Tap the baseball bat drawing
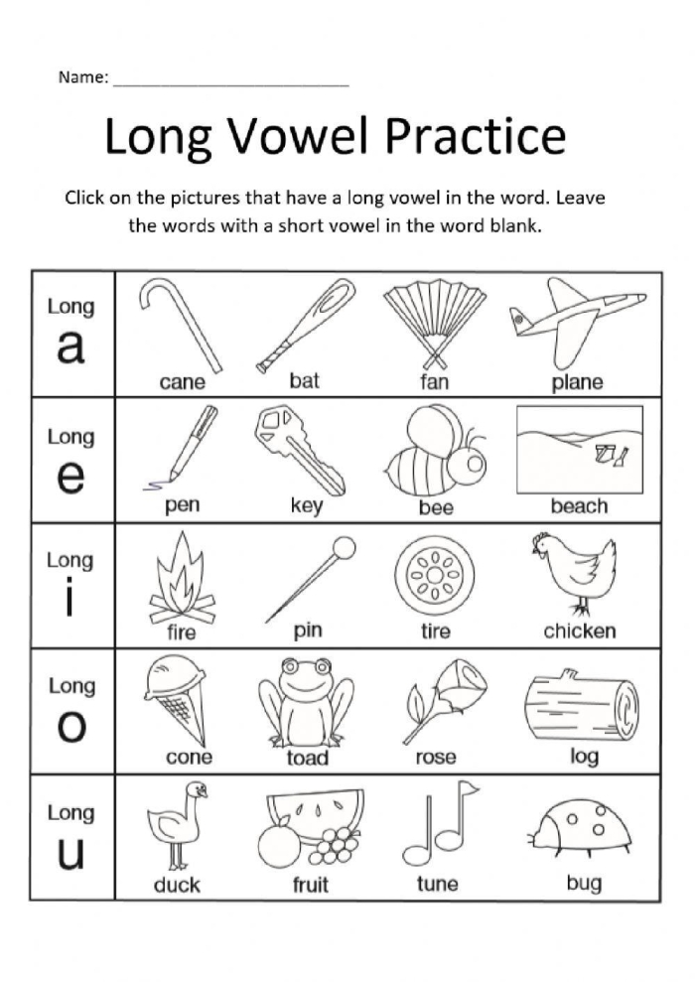tap(305, 324)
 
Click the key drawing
tap(300, 449)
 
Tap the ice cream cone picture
tap(180, 700)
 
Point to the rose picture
tap(441, 696)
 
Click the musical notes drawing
tap(440, 822)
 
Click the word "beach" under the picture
tap(579, 506)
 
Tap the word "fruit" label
tap(310, 885)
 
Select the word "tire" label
tap(435, 631)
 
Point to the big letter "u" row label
tap(70, 854)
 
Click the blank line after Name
tap(230, 82)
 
